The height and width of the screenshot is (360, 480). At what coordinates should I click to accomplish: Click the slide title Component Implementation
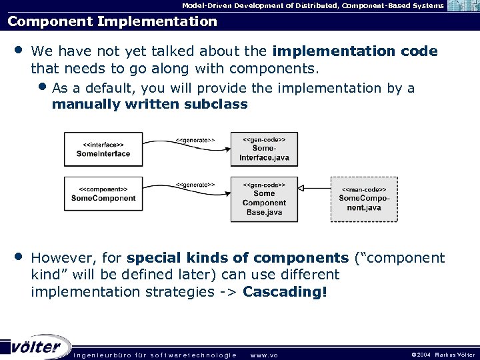tap(112, 21)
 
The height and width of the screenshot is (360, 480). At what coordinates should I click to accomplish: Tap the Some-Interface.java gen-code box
tap(264, 149)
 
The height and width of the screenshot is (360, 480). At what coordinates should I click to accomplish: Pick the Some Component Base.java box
tap(264, 199)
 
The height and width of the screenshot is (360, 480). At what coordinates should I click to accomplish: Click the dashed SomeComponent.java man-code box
tap(364, 199)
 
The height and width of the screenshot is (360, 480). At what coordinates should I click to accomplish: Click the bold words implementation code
tap(355, 51)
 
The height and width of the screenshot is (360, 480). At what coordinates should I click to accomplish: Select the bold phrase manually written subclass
tap(149, 104)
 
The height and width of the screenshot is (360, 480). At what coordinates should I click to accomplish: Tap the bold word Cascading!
tap(285, 292)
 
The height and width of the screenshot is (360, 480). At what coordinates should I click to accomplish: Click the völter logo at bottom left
tap(37, 347)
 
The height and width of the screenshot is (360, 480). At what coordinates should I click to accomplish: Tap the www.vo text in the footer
tap(263, 355)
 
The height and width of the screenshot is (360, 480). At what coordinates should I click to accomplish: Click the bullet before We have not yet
tap(18, 51)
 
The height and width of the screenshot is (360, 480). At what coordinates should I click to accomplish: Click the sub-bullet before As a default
tap(43, 88)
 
